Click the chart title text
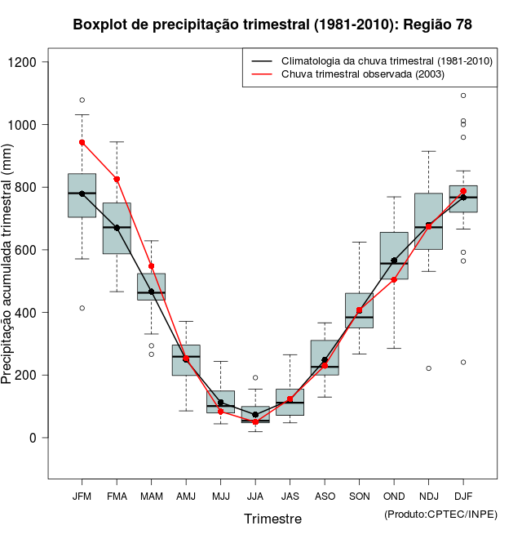click(x=272, y=24)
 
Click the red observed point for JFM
click(x=82, y=142)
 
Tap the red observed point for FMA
click(x=117, y=179)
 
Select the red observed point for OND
click(x=394, y=279)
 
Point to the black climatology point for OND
click(x=394, y=261)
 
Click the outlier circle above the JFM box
click(x=82, y=100)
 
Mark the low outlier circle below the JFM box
click(x=82, y=308)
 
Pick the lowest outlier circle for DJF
click(x=463, y=362)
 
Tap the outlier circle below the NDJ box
click(x=429, y=368)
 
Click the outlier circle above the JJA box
click(x=255, y=377)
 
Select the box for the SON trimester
click(x=360, y=310)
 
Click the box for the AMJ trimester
click(x=186, y=360)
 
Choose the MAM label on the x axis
click(x=151, y=496)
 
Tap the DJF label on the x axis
click(x=463, y=496)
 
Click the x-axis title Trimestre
click(x=272, y=519)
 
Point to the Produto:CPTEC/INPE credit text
click(x=440, y=514)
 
